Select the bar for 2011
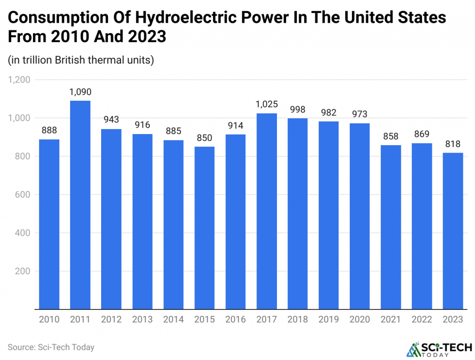point(80,205)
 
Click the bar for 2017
point(267,211)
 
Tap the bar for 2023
point(453,231)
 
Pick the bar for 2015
point(205,228)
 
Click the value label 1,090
point(80,92)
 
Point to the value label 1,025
point(267,105)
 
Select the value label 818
point(453,144)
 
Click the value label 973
point(360,115)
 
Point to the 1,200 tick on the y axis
point(19,80)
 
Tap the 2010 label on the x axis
point(49,320)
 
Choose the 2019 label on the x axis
point(329,320)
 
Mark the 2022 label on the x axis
point(422,320)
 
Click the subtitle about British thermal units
point(81,60)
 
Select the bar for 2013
point(142,221)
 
